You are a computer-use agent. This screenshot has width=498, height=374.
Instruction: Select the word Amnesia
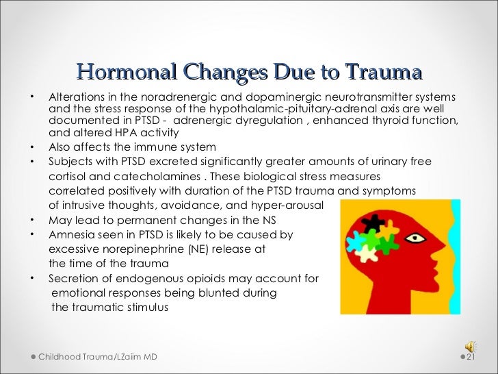pos(70,234)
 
